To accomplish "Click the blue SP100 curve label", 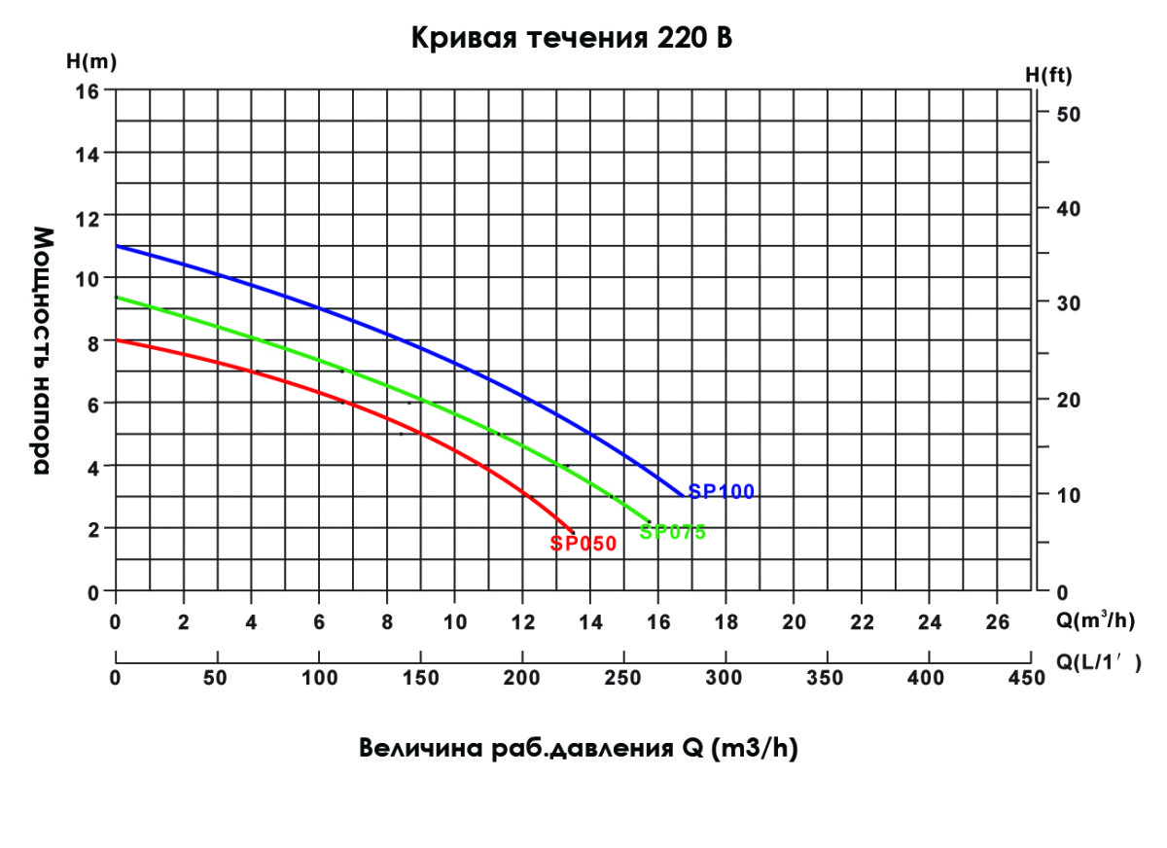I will tap(722, 492).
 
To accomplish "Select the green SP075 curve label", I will tap(672, 532).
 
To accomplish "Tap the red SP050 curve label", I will tap(583, 545).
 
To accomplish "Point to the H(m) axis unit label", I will tap(91, 62).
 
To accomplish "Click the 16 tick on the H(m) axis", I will tap(88, 90).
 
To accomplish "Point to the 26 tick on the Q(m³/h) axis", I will tap(998, 622).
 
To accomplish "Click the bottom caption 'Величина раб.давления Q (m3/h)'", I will tap(579, 750).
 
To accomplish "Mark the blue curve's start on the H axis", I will tap(117, 246).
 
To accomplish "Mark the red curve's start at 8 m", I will tap(117, 340).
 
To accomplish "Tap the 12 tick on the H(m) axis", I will tap(88, 216).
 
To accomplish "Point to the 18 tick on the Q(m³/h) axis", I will tap(726, 622).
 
